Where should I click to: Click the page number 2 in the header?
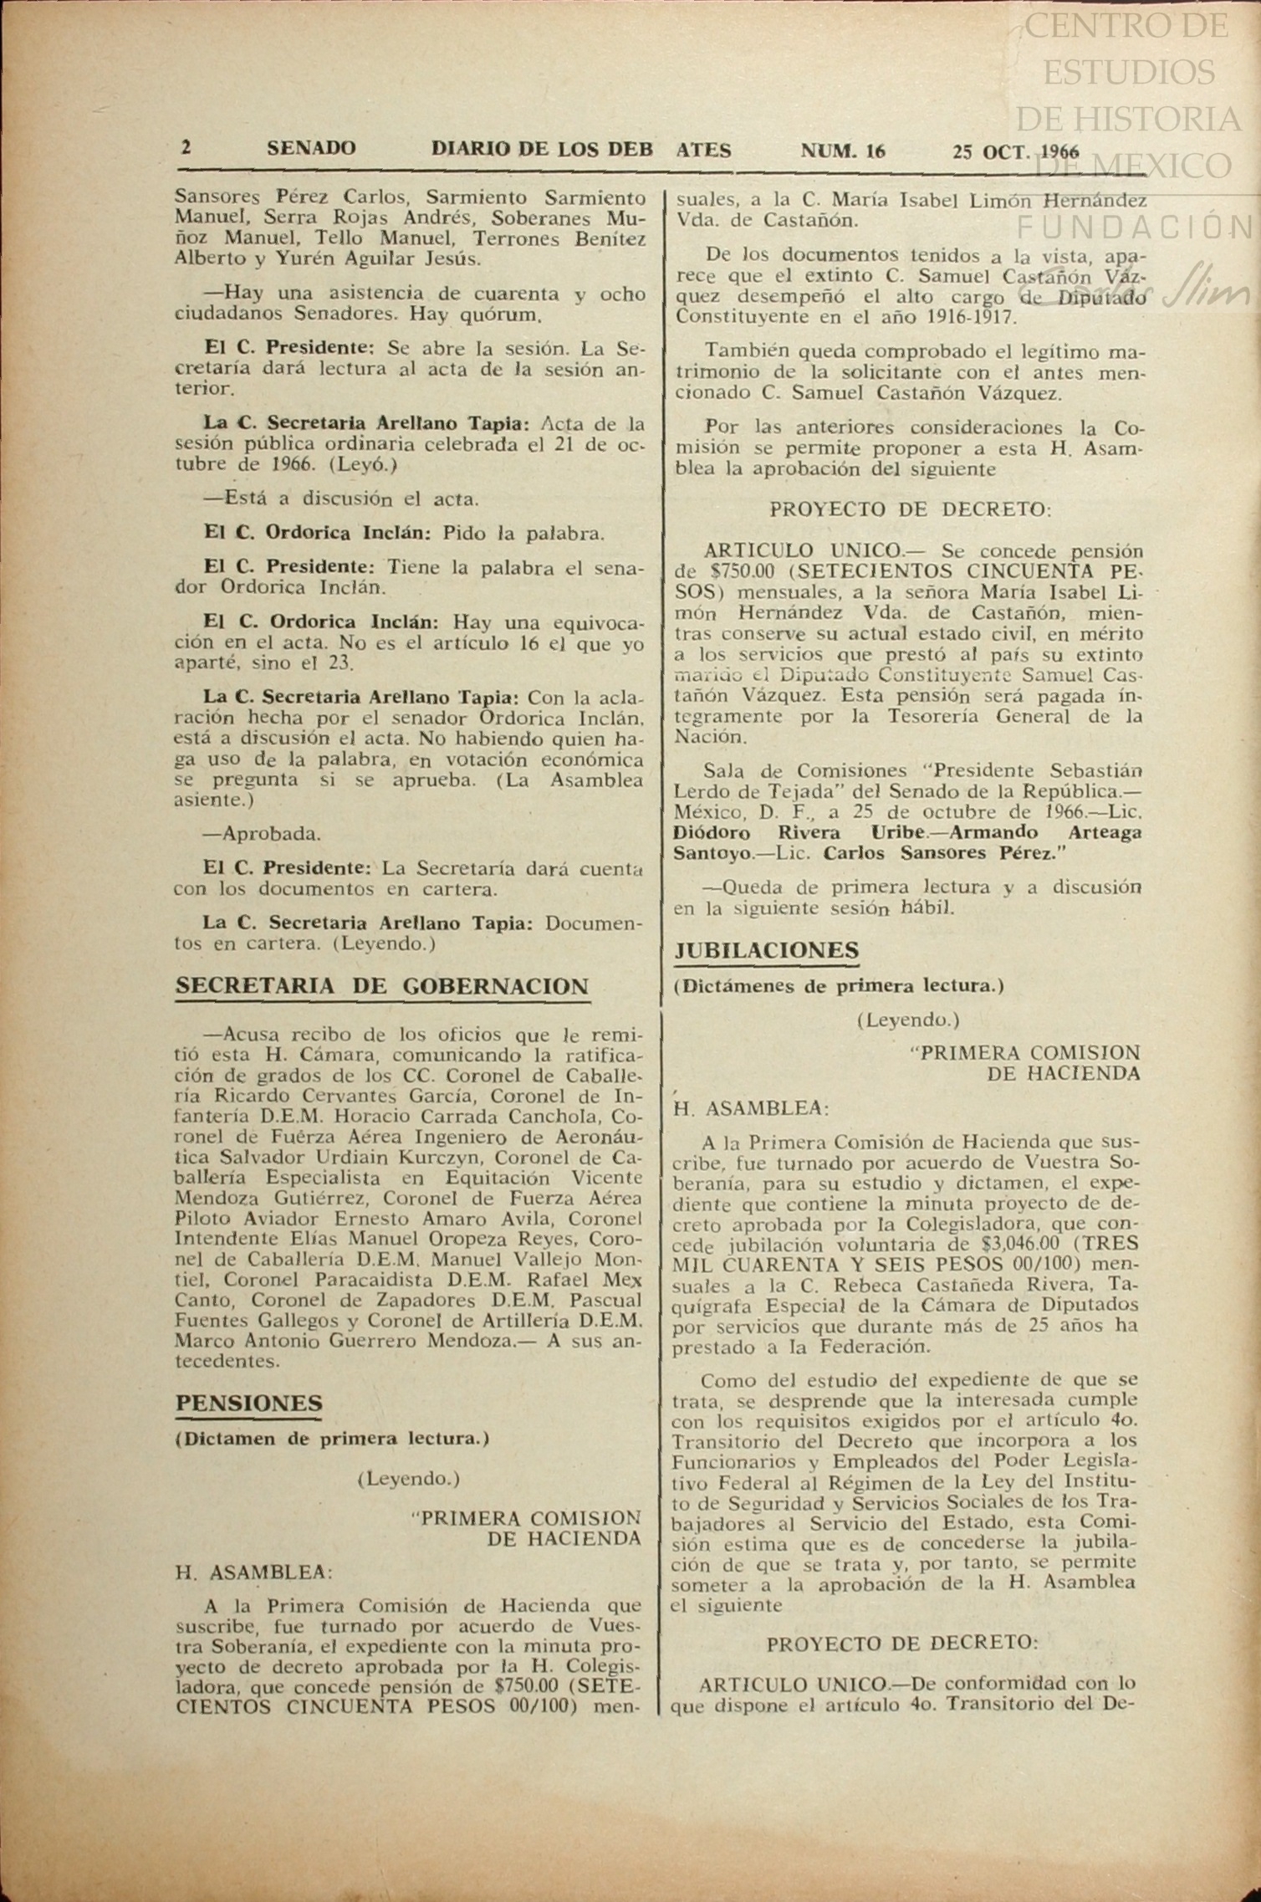tap(186, 149)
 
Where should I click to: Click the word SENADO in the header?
tap(311, 150)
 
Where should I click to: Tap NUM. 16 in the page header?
tap(842, 151)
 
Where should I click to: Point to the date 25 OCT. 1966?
tap(1014, 152)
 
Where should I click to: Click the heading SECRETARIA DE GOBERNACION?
tap(381, 987)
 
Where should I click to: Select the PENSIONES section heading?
tap(248, 1403)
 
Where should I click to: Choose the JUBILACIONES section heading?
tap(767, 951)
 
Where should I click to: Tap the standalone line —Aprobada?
tap(262, 834)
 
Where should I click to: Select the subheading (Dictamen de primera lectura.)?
tap(332, 1439)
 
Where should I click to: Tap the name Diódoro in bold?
tap(712, 833)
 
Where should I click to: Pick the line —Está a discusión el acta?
tap(341, 499)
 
